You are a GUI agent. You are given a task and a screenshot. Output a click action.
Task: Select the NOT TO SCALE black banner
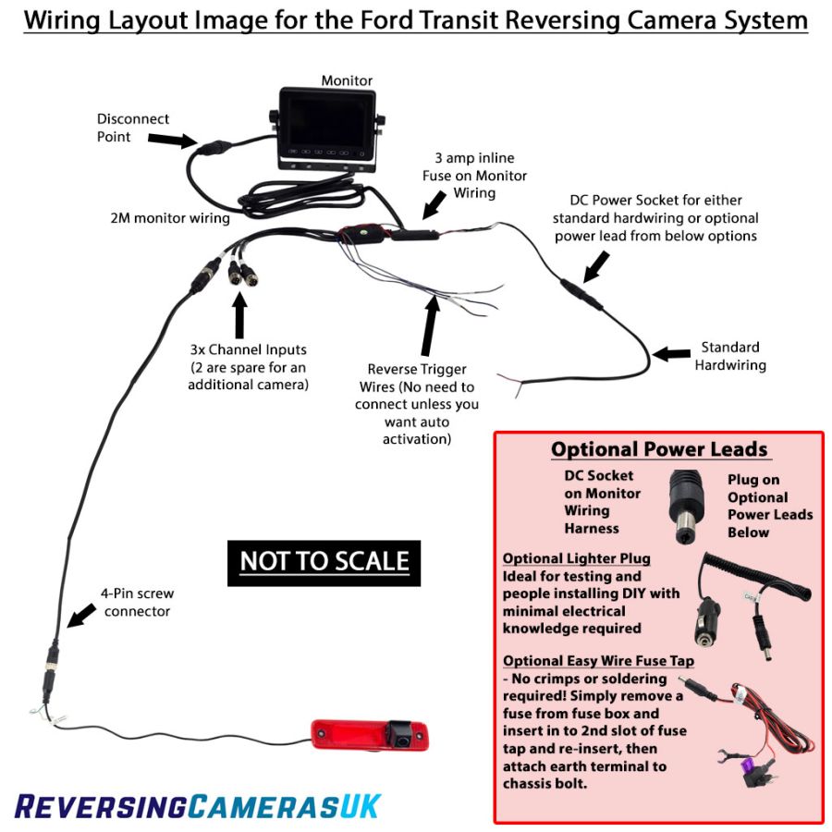(x=324, y=561)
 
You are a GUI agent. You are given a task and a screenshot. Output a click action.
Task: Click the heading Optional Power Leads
(x=659, y=449)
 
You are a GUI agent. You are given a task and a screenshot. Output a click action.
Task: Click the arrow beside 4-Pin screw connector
(x=82, y=614)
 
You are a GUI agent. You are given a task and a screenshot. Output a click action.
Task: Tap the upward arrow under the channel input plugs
(x=240, y=314)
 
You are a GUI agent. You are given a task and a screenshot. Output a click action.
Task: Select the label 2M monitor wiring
(x=169, y=219)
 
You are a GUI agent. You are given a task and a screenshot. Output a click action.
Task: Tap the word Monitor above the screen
(x=347, y=80)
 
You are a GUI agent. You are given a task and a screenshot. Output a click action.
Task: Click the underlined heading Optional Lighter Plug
(x=577, y=558)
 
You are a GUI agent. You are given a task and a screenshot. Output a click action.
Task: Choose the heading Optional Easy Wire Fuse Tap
(x=598, y=660)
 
